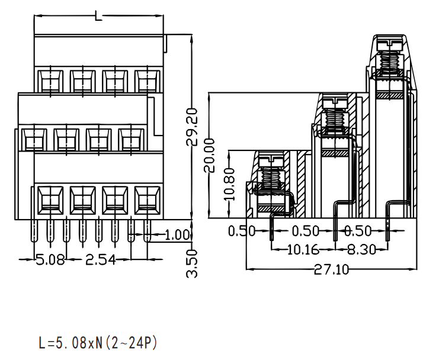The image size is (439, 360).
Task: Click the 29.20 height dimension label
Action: point(192,127)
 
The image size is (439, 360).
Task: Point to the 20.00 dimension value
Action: point(209,155)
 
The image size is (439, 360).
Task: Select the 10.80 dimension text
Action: point(229,185)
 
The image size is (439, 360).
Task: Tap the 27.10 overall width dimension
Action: point(332,269)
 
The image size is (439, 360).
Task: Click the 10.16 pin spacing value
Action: point(303,249)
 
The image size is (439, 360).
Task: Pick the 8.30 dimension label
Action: point(361,249)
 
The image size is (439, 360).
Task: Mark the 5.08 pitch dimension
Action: point(51,260)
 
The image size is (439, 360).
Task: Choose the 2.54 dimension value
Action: point(101,260)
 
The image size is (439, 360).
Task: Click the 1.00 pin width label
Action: point(178,234)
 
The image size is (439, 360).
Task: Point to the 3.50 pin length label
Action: point(192,263)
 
